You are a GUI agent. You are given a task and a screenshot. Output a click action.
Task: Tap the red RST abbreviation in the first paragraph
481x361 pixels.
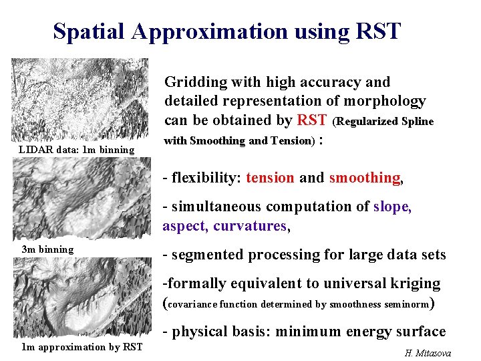coord(312,120)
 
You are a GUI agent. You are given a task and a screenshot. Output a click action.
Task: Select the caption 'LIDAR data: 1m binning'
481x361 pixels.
coord(77,149)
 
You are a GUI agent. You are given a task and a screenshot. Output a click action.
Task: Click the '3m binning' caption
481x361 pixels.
coord(47,249)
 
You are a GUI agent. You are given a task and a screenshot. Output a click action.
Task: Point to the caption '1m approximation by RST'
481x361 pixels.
coord(82,346)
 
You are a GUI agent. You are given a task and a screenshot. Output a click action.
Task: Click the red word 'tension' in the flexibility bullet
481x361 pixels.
coord(270,178)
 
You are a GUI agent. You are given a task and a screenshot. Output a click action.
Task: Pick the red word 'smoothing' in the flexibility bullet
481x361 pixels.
coord(365,178)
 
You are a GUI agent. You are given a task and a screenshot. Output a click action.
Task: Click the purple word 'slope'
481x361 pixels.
coord(392,207)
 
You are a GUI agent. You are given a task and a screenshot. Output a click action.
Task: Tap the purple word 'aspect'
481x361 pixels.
coord(185,226)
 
